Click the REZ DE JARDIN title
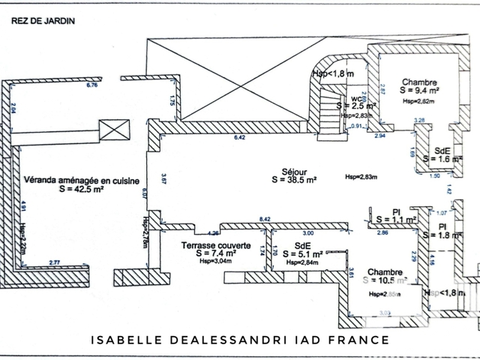click(x=43, y=21)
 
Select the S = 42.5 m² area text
click(x=80, y=190)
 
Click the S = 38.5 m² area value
click(x=292, y=180)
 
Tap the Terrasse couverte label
click(x=209, y=245)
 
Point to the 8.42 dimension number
click(x=265, y=219)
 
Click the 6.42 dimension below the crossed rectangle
click(x=240, y=138)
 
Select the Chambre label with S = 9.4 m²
click(x=418, y=82)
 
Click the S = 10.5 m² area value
click(x=385, y=280)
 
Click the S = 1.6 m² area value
click(x=436, y=159)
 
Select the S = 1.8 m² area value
click(x=443, y=235)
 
